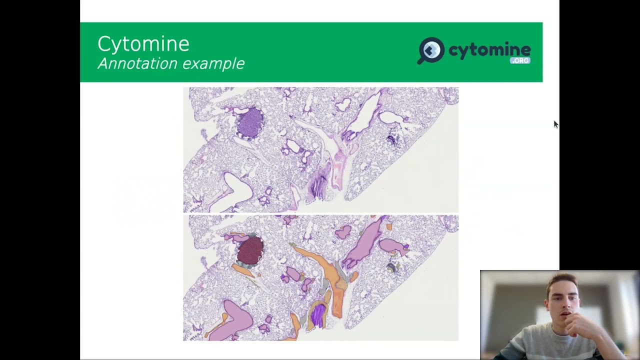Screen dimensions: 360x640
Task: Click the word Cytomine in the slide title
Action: pos(143,44)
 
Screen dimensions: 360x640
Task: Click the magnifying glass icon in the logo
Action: pos(430,50)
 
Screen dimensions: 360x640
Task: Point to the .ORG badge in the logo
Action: pos(520,60)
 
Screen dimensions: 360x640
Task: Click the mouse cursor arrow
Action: pos(555,124)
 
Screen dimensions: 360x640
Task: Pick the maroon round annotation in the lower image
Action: pos(250,250)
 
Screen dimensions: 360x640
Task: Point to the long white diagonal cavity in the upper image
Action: pos(367,112)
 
